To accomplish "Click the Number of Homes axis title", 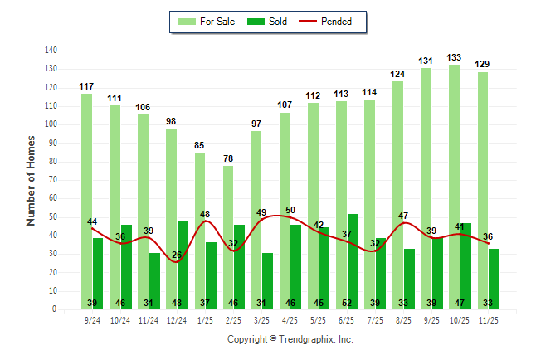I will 31,180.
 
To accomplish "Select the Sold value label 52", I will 353,304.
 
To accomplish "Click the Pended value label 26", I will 176,255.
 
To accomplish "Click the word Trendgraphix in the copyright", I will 309,339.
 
